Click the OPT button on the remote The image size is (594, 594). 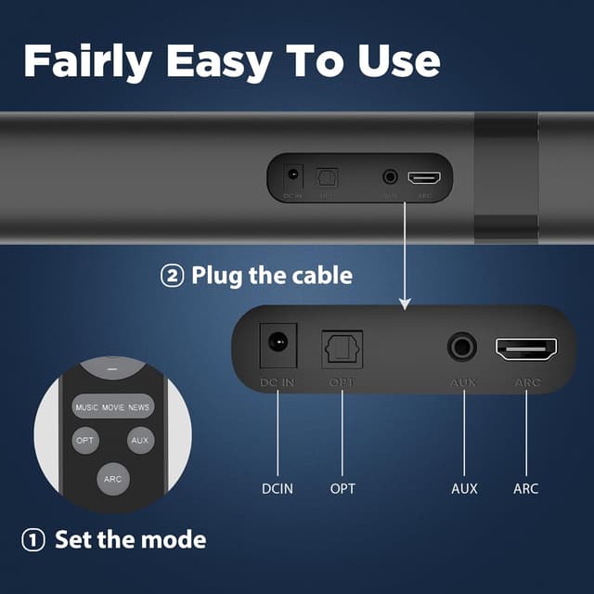(85, 440)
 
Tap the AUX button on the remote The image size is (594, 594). (140, 440)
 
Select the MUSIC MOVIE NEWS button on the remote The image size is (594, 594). (112, 407)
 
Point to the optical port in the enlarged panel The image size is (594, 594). (342, 349)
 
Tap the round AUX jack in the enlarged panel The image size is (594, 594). (462, 348)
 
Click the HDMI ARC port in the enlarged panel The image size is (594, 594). (526, 349)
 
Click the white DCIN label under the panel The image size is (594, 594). (277, 487)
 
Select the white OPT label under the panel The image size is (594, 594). (342, 487)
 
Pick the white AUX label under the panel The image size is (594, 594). (464, 487)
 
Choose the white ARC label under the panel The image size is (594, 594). (526, 487)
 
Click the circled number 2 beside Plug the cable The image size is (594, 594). (172, 276)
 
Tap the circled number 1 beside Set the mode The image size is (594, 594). (33, 539)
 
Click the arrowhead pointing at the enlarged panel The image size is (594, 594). (405, 303)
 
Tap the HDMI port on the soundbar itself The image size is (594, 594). (424, 176)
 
